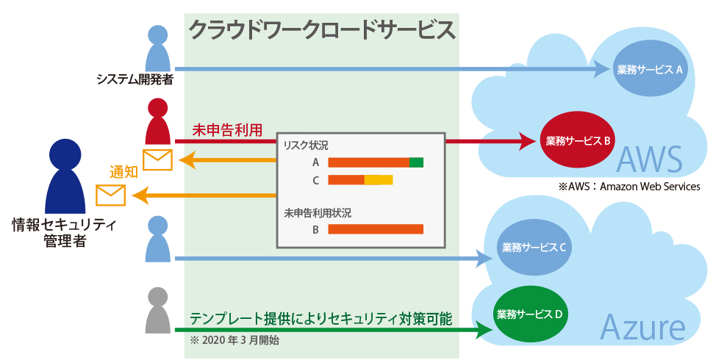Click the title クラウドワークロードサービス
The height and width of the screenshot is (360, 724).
click(322, 30)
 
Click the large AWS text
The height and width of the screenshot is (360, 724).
click(650, 158)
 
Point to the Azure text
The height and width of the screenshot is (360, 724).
click(643, 327)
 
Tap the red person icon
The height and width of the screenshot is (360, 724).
click(158, 121)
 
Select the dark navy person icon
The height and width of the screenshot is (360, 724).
click(65, 176)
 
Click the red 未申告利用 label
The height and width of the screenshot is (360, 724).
click(227, 129)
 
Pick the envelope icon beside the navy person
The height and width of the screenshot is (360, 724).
click(110, 195)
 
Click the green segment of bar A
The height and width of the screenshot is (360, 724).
click(416, 162)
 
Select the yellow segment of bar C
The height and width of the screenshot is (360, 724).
click(379, 180)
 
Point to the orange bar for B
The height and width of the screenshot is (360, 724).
click(376, 229)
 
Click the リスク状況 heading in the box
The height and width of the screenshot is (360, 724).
click(306, 145)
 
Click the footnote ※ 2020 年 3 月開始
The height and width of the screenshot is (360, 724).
click(234, 340)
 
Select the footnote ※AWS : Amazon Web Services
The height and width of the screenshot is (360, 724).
click(629, 187)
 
